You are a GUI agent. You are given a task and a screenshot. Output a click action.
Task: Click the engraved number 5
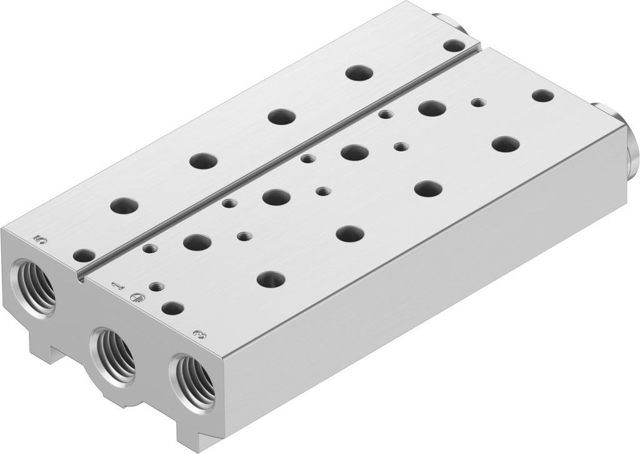[42, 239]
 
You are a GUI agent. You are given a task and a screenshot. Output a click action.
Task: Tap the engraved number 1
[116, 286]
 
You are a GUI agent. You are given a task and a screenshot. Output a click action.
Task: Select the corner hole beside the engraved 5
[84, 255]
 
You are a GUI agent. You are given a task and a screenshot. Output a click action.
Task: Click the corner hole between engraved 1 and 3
[172, 308]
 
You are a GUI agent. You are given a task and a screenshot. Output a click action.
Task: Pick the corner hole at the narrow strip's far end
[454, 45]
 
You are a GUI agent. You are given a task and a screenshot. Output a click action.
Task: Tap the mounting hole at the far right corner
[542, 96]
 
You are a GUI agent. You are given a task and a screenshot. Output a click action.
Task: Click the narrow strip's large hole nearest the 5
[124, 204]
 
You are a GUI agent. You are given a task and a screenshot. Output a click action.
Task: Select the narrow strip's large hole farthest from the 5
[359, 73]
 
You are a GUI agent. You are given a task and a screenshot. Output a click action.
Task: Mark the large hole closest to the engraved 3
[271, 279]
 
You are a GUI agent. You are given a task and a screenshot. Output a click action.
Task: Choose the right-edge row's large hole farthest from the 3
[506, 144]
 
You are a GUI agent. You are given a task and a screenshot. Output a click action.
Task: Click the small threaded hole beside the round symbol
[156, 287]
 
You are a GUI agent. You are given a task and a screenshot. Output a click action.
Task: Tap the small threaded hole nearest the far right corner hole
[478, 102]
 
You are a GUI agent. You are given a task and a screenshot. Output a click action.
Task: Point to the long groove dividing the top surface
[281, 157]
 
